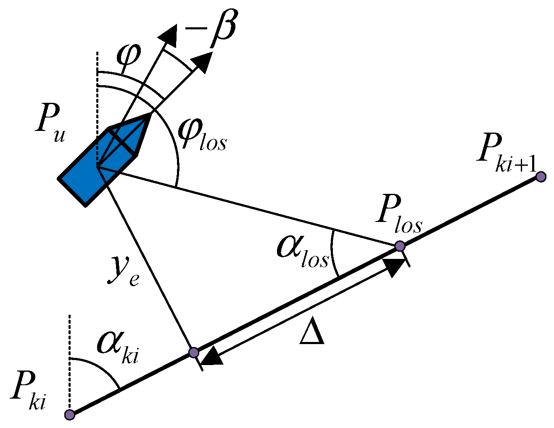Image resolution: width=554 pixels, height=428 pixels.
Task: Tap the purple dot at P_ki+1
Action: pos(541,177)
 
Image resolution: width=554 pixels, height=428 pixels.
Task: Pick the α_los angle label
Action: pos(302,251)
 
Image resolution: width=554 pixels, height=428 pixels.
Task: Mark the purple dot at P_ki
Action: pos(70,415)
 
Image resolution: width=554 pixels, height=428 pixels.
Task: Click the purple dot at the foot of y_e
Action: pos(193,352)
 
